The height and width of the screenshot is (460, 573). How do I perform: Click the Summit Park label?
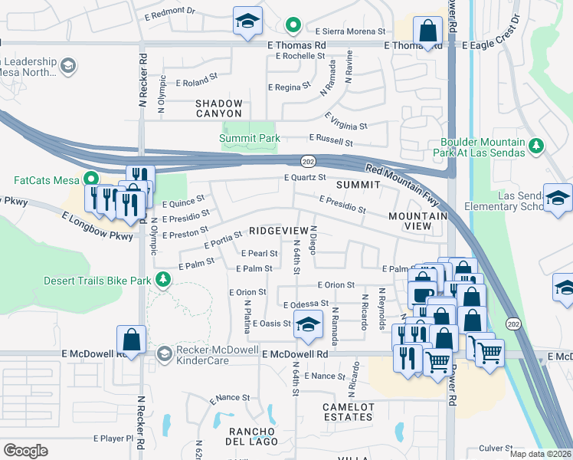pyautogui.click(x=249, y=139)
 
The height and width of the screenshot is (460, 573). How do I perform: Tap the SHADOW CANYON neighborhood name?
pyautogui.click(x=219, y=108)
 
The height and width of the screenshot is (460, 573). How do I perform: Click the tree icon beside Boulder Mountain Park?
pyautogui.click(x=537, y=145)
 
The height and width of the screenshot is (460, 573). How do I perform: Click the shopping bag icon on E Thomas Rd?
pyautogui.click(x=427, y=31)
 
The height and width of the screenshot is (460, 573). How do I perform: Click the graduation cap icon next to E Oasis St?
pyautogui.click(x=307, y=325)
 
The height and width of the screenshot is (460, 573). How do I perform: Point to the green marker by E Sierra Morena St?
pyautogui.click(x=292, y=26)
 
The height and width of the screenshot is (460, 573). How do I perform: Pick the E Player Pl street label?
pyautogui.click(x=113, y=439)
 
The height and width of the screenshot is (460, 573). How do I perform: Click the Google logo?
pyautogui.click(x=26, y=450)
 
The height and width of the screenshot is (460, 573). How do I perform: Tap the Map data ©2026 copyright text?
pyautogui.click(x=539, y=454)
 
